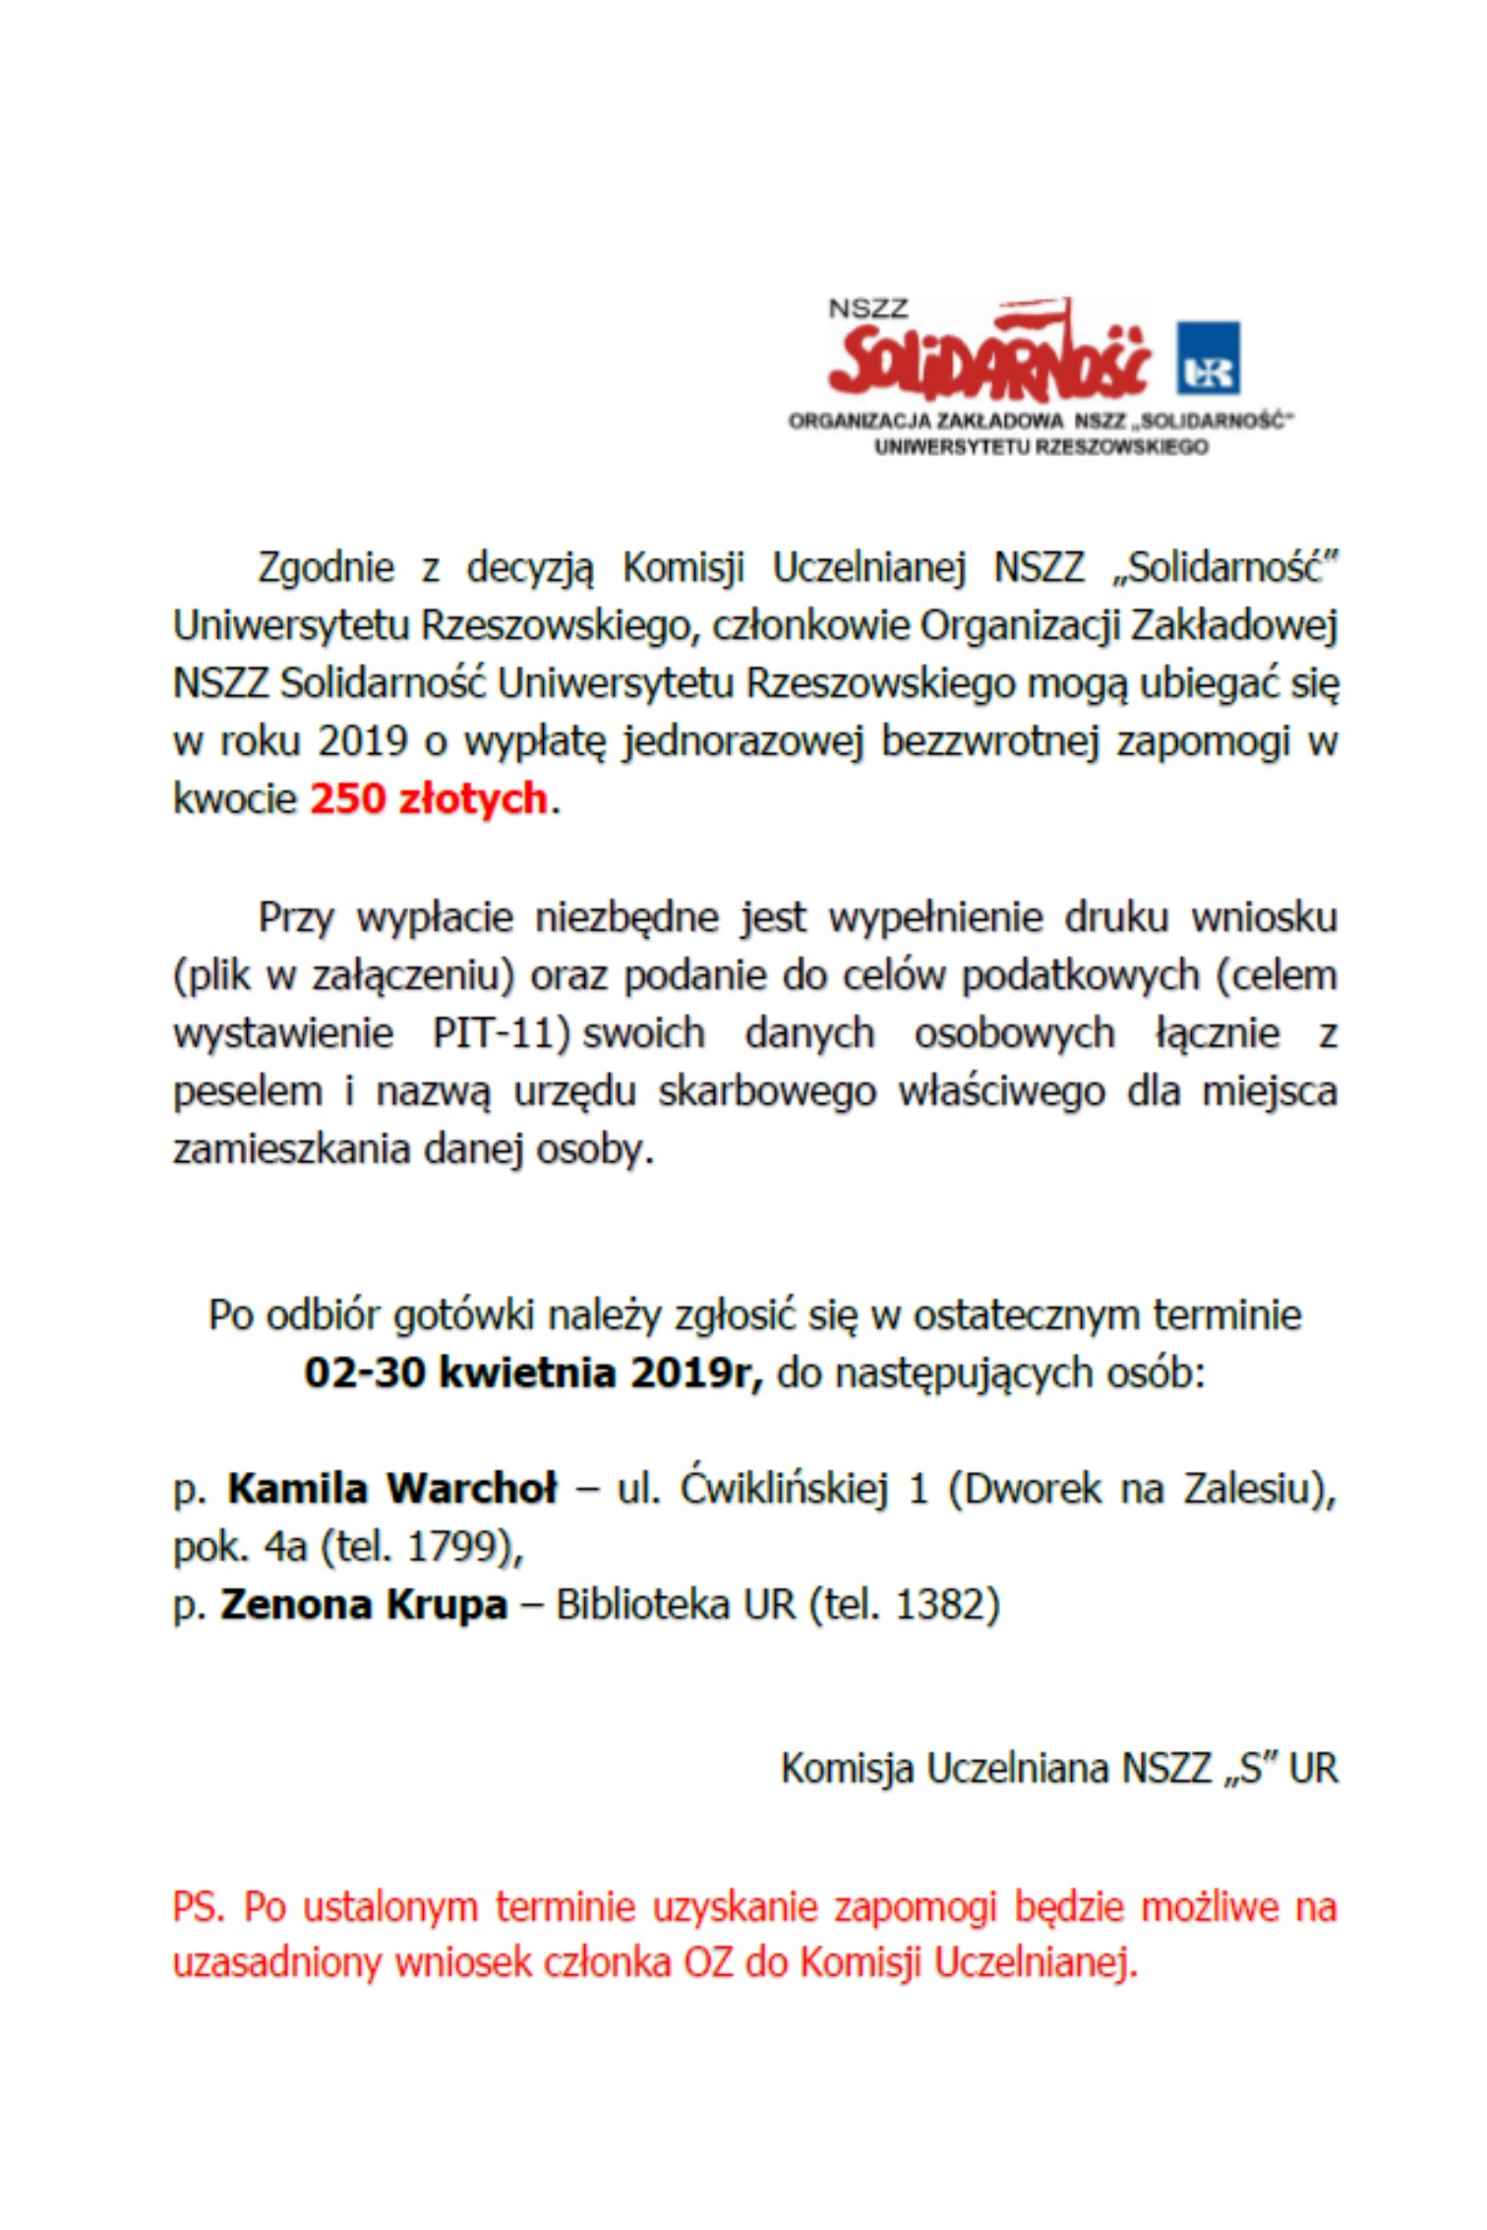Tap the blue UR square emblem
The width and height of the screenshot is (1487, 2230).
click(1208, 357)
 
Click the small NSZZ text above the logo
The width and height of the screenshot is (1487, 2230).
click(867, 308)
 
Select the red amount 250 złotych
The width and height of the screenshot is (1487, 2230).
click(428, 798)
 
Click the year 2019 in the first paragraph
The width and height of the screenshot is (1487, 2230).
click(362, 740)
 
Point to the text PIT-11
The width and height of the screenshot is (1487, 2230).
click(500, 1033)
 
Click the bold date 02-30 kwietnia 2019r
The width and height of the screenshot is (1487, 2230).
click(533, 1373)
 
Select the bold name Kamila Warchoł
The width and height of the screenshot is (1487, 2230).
click(391, 1489)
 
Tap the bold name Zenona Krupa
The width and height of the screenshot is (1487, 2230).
click(363, 1605)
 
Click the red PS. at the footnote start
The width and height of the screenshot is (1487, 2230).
click(199, 1907)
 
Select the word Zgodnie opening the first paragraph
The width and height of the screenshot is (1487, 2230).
click(326, 567)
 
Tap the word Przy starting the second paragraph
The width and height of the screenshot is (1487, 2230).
click(295, 917)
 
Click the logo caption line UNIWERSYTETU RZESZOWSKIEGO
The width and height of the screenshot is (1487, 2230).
click(1041, 446)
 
